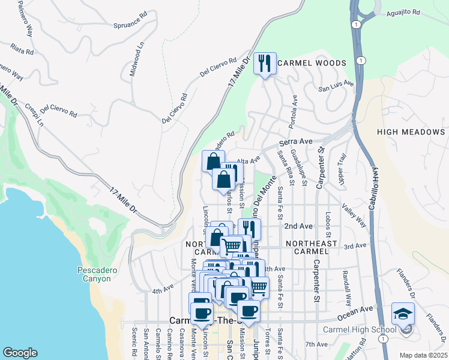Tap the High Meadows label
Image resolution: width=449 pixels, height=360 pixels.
(x=411, y=132)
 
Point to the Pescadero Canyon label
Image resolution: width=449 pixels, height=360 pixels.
(x=94, y=274)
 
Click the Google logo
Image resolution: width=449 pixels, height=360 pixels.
(x=20, y=352)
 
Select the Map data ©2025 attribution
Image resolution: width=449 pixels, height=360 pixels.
(x=423, y=355)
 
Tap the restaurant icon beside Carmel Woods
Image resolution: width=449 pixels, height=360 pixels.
(x=264, y=62)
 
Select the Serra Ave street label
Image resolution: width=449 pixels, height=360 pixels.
(x=297, y=142)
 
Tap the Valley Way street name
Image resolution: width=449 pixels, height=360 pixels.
(x=354, y=214)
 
